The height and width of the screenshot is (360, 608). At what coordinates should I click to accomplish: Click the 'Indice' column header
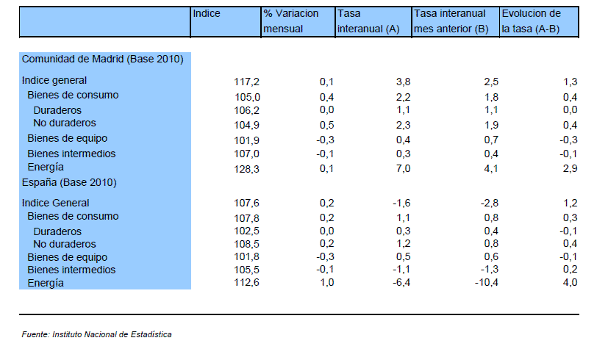[x=207, y=13]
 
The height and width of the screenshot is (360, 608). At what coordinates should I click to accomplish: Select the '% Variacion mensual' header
[x=291, y=21]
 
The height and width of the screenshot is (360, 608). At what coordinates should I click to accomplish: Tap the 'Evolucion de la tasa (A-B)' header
[x=532, y=21]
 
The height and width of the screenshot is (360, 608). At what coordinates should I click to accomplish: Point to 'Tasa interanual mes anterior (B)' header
[x=451, y=21]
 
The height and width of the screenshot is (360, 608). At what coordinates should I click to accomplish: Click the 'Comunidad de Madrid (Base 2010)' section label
[x=103, y=59]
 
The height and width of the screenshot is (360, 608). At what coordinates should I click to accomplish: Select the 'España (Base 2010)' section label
[x=69, y=182]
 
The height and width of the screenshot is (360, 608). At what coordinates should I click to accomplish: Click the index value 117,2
[x=246, y=82]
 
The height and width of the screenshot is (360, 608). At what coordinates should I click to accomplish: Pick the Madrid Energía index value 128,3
[x=246, y=169]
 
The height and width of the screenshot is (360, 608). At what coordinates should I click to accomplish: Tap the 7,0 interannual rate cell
[x=404, y=168]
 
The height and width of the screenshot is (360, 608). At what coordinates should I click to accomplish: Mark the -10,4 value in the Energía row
[x=487, y=283]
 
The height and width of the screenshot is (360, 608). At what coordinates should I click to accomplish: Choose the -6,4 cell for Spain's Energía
[x=401, y=283]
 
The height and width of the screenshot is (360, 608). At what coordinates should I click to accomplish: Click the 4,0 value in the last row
[x=570, y=283]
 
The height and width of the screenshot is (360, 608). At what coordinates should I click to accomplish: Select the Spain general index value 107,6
[x=246, y=203]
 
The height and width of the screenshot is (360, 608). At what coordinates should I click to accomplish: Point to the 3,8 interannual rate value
[x=404, y=82]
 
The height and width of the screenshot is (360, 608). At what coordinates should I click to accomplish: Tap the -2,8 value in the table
[x=490, y=203]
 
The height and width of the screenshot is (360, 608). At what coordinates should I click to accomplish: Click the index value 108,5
[x=246, y=244]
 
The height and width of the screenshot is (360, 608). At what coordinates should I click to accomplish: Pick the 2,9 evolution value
[x=570, y=168]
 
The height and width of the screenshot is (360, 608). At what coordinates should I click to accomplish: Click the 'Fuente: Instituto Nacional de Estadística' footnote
[x=96, y=334]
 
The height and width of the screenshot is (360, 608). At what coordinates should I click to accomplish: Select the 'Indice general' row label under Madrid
[x=54, y=80]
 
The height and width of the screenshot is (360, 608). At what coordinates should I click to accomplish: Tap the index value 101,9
[x=246, y=140]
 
